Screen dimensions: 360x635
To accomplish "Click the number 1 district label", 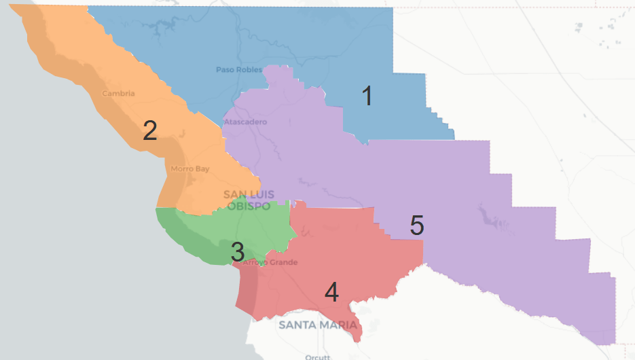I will [367, 97].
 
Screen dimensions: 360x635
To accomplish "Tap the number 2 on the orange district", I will [150, 130].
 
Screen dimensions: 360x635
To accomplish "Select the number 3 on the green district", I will [237, 252].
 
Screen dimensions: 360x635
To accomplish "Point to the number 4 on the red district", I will [331, 293].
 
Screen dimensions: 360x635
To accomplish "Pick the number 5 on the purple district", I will [417, 225].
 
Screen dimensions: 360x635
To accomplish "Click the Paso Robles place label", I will [239, 69].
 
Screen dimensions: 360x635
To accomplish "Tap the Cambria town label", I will [118, 94].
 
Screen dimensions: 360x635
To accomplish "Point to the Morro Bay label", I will [190, 168].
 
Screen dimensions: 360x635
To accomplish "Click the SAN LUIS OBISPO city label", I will [249, 200].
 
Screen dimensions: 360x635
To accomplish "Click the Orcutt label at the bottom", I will [317, 357].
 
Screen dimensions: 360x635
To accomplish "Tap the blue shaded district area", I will [306, 41].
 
